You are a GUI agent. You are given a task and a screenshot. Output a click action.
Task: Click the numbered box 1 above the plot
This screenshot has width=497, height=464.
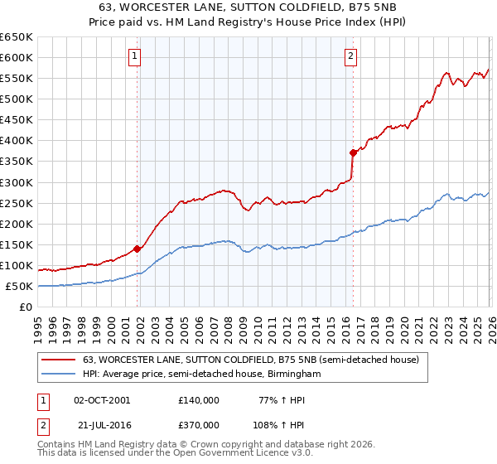coord(134,56)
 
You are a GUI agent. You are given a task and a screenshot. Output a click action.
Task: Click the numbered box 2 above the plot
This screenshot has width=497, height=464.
coord(351,56)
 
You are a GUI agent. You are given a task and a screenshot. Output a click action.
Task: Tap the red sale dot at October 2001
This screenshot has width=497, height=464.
coord(137,248)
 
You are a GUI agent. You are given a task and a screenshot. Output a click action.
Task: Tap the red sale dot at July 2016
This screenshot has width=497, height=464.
coord(353,152)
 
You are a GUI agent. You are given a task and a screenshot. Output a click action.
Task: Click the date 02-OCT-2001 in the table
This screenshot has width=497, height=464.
coord(102,399)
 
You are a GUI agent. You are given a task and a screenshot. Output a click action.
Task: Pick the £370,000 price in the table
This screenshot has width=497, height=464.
coord(199,424)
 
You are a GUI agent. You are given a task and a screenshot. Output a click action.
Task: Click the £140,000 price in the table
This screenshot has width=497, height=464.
coord(199,399)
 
